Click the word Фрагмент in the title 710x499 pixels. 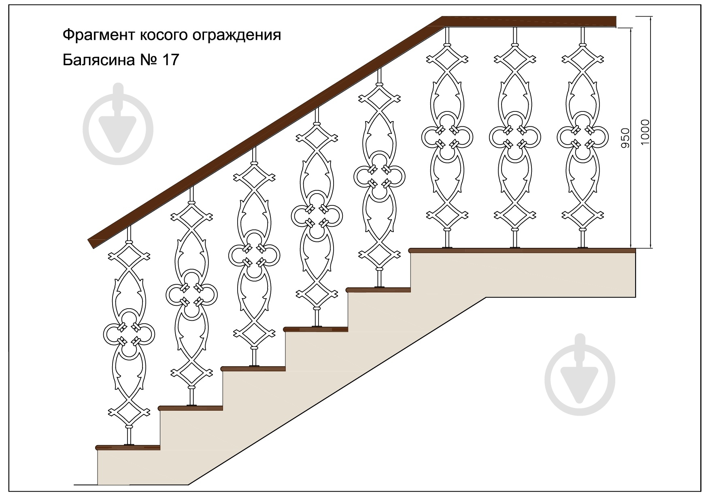pyautogui.click(x=98, y=35)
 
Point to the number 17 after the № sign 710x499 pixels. pyautogui.click(x=170, y=60)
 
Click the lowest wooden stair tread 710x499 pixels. pyautogui.click(x=128, y=448)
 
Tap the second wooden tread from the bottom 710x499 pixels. pyautogui.click(x=191, y=408)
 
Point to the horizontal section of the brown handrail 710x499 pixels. pyautogui.click(x=529, y=21)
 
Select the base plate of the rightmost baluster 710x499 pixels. pyautogui.click(x=583, y=247)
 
